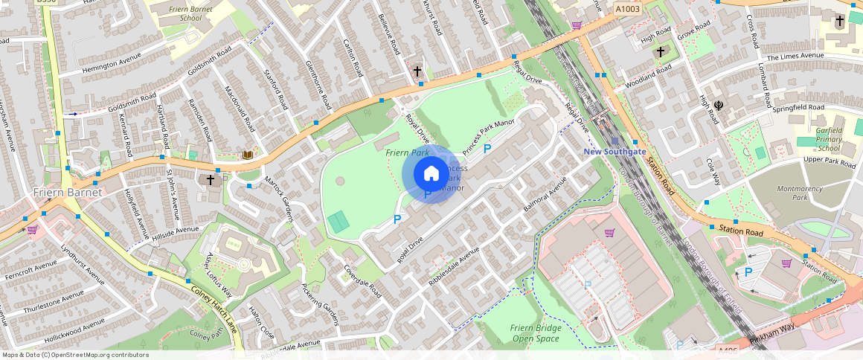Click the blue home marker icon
(431, 174)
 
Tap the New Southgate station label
(614, 152)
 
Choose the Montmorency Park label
(800, 193)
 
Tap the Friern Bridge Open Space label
(535, 333)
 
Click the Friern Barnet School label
(180, 12)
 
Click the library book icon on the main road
(247, 155)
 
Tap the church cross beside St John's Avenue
(211, 179)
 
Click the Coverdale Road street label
(362, 282)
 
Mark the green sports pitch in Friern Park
(339, 221)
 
